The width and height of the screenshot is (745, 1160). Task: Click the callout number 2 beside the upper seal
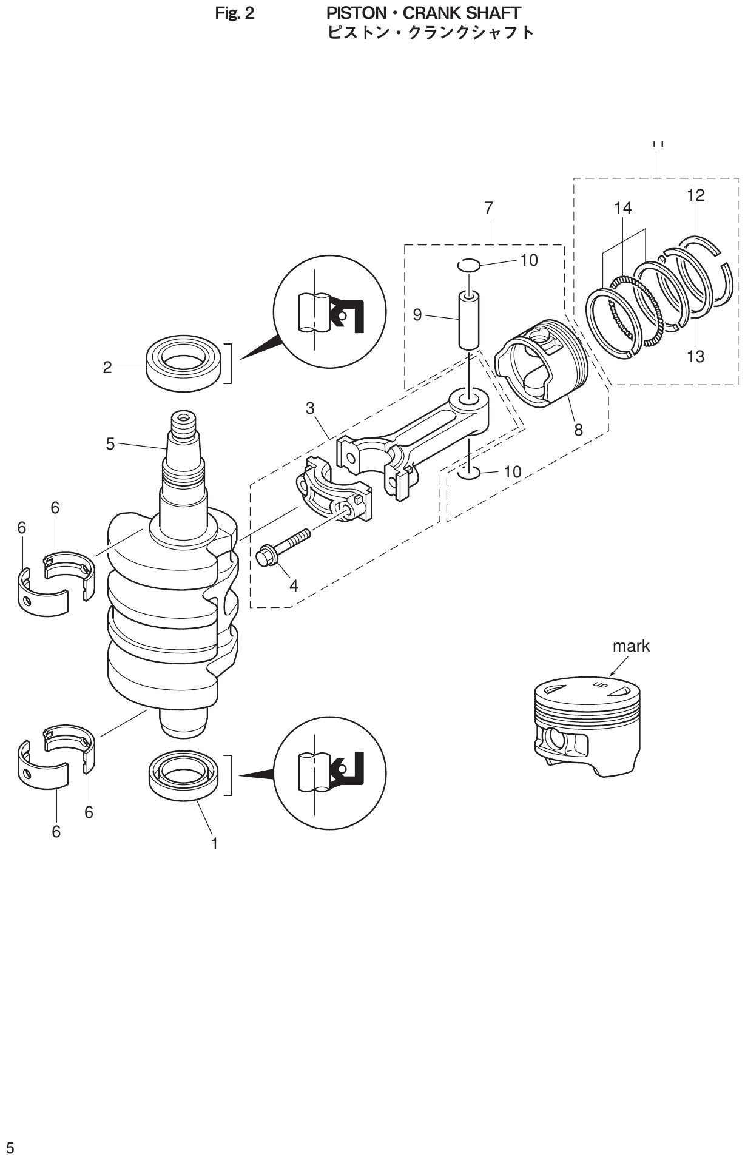coord(107,368)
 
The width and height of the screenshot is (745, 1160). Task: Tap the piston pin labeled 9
coord(468,320)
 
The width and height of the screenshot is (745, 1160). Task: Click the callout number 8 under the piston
coord(578,430)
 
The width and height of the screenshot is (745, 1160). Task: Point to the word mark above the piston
coord(631,646)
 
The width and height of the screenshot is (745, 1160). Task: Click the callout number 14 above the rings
coord(622,208)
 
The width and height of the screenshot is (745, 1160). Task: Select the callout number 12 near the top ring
coord(696,195)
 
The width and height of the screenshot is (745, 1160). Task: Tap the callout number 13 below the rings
coord(695,356)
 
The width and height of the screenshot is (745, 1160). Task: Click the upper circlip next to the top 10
coord(469,265)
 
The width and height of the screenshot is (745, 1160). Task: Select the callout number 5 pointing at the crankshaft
coord(110,444)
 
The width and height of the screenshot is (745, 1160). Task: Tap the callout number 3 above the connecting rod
coord(310,408)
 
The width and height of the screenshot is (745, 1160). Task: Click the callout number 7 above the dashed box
coord(489,208)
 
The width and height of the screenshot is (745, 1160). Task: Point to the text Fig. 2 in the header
coord(235,13)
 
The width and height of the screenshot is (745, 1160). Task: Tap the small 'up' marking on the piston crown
coord(599,685)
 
